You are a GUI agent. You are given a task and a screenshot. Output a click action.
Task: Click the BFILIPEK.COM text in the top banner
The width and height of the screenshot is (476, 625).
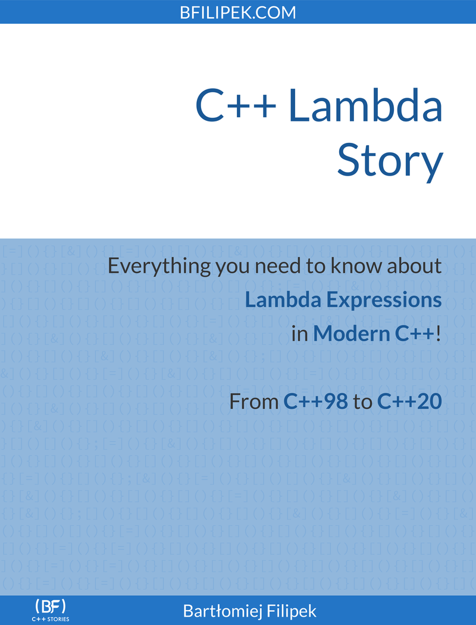238,12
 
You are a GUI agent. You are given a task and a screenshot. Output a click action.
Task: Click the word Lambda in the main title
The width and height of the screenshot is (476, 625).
365,105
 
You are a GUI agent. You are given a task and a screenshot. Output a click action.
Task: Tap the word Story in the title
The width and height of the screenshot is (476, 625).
390,160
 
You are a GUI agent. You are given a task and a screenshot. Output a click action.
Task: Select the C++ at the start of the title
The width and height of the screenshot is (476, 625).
236,105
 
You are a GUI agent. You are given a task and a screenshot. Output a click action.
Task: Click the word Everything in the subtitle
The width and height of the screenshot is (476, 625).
159,266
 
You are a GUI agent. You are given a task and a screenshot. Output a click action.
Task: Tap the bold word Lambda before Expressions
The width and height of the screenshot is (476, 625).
283,300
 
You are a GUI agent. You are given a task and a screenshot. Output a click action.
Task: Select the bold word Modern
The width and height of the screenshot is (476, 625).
351,333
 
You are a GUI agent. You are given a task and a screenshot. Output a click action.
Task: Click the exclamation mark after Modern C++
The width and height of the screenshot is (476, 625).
439,334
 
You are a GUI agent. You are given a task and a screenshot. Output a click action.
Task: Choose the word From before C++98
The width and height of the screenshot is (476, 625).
253,401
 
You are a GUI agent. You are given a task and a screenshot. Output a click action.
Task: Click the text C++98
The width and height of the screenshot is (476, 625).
315,401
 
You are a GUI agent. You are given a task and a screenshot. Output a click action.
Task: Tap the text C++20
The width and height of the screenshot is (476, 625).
409,401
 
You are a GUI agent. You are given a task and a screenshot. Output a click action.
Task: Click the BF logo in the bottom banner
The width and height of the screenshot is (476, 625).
51,607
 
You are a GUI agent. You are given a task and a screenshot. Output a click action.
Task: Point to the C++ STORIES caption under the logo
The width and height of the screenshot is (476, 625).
51,619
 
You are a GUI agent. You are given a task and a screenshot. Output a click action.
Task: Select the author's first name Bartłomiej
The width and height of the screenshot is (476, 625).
221,611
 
